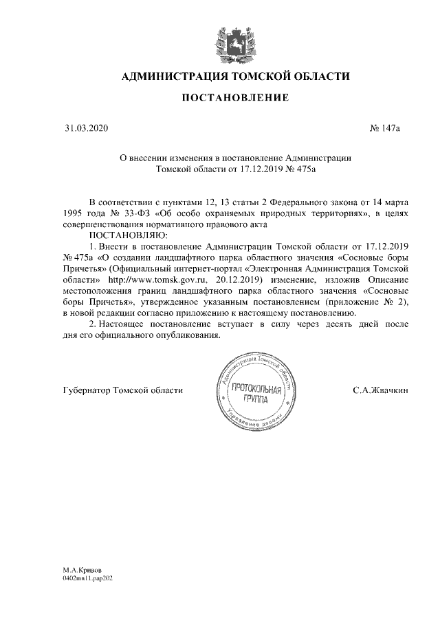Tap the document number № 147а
pos(386,128)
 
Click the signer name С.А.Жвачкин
pos(381,390)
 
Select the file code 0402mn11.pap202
pos(87,579)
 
